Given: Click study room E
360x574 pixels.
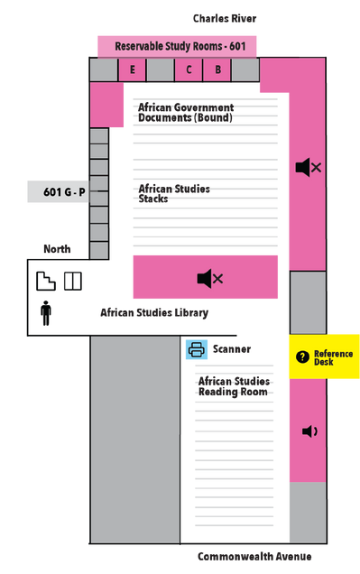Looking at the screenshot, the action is (132, 69).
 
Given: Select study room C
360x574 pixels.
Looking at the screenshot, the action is (189, 69).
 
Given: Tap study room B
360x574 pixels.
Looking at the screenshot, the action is (217, 69).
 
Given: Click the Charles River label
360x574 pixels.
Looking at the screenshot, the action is (225, 18).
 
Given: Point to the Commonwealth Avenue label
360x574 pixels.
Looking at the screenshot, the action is (254, 557).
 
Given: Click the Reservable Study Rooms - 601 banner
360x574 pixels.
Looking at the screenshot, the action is (177, 47).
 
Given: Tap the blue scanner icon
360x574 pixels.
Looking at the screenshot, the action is (197, 349).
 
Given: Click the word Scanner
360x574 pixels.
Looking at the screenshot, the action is (232, 349).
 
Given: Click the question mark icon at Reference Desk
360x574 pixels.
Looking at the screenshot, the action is (302, 356).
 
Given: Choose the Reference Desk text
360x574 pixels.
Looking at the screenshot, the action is (333, 357).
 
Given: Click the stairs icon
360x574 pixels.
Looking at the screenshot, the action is (46, 282).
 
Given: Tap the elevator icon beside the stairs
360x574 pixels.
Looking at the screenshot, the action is (73, 282).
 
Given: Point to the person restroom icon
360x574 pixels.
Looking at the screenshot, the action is (46, 313).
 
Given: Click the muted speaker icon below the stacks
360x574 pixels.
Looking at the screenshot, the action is (210, 279).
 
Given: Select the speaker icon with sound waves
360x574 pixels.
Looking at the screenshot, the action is (309, 431).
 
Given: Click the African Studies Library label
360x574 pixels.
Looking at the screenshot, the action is (154, 312).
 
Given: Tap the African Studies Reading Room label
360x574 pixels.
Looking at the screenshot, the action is (235, 386).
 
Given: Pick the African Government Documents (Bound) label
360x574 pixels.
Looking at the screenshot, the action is (186, 113).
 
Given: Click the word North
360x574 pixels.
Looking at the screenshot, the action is (57, 249).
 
